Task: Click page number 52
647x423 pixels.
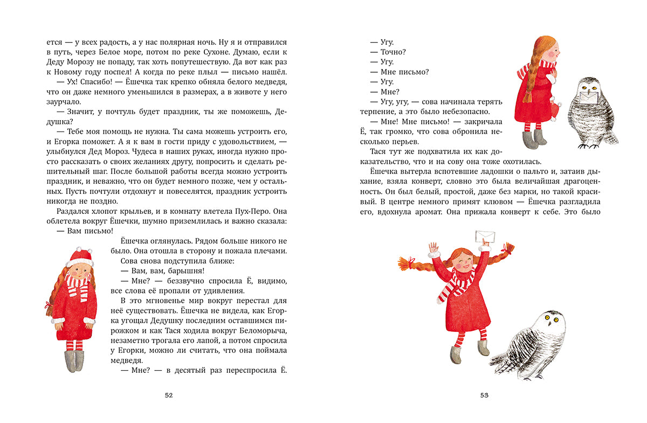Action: (168, 396)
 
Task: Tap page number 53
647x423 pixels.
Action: (484, 396)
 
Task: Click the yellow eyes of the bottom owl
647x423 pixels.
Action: (551, 319)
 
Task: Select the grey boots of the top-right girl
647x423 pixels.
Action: (534, 139)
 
